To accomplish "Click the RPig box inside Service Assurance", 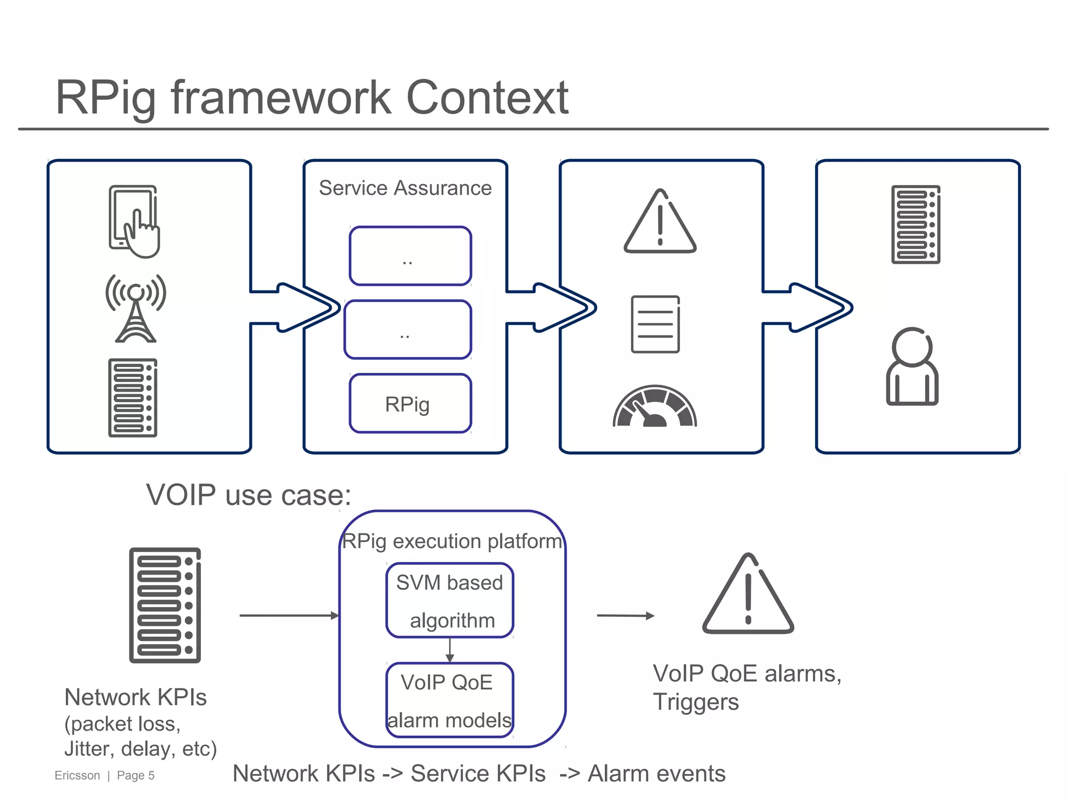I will [x=410, y=404].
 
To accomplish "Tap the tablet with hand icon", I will [x=134, y=221].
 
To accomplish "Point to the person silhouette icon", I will [x=912, y=367].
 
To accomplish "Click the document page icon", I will [x=656, y=324].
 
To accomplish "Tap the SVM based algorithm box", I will [x=450, y=600].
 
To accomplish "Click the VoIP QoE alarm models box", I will [x=450, y=700].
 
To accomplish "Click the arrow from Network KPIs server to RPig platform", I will [x=289, y=616].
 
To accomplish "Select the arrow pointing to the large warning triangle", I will [x=625, y=616].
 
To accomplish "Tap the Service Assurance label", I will [x=405, y=188].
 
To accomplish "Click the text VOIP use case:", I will [x=248, y=495].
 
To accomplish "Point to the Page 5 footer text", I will [x=136, y=775].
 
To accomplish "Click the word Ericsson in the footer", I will [x=77, y=775].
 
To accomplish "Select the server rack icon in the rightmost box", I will [x=916, y=224].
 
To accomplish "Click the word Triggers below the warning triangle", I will [x=696, y=702].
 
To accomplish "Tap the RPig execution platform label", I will [x=452, y=541].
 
